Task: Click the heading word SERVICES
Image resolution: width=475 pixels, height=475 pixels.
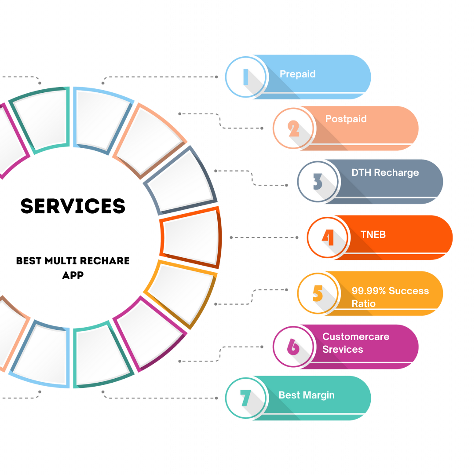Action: pos(73,206)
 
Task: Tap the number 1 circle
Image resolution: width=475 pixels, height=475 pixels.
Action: pos(245,77)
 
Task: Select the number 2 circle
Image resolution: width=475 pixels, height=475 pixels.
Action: pos(293,128)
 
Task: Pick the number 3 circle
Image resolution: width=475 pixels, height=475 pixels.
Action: pos(318,181)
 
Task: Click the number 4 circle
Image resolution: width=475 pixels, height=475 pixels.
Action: pos(328,237)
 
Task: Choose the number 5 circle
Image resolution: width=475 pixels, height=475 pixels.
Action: pos(318,293)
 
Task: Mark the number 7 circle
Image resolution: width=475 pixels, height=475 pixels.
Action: pos(245,398)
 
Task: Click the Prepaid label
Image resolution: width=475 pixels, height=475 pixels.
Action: pos(297,74)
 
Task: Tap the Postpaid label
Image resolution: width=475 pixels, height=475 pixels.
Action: pos(346,119)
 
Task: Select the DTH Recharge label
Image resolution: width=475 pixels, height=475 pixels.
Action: pos(385,172)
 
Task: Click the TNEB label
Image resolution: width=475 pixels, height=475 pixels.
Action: pos(373,234)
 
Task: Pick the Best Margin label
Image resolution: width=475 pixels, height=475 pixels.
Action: pos(307,395)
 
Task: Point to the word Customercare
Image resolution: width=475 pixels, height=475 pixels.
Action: pos(356,336)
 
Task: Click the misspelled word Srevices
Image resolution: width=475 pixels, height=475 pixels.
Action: pos(343,349)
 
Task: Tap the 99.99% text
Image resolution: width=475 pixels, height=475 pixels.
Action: pos(368,291)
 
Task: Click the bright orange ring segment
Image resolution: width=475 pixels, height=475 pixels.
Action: pos(190,237)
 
